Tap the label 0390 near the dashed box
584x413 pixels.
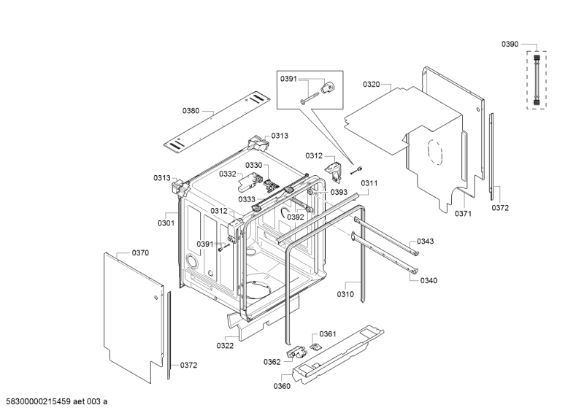coord(510,45)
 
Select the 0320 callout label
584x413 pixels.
coord(372,85)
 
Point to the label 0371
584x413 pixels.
coord(464,214)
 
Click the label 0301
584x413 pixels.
coord(166,223)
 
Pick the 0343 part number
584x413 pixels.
coord(426,242)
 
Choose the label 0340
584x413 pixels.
coord(429,280)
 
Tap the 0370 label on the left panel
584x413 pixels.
coord(140,252)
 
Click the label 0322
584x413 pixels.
coord(225,345)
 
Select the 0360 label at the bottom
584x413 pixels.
coord(281,386)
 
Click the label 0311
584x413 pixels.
coord(369,182)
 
